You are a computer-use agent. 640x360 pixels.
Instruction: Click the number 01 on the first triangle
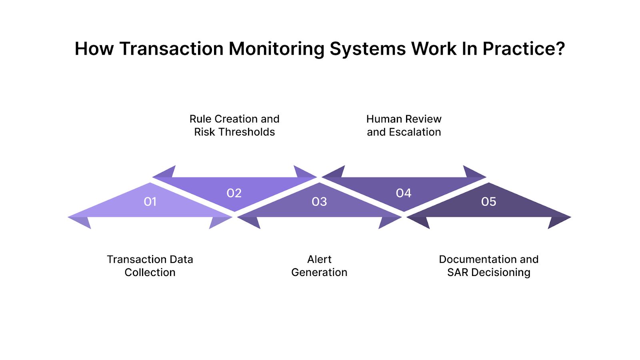pos(150,202)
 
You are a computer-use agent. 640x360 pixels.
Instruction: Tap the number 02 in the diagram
pos(234,193)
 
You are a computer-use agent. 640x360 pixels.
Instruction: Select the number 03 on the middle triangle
pos(319,202)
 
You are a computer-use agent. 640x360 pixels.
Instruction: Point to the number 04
pos(404,193)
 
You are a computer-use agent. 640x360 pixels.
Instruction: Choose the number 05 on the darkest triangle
pos(488,202)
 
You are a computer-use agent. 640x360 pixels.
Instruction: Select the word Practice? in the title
pos(524,49)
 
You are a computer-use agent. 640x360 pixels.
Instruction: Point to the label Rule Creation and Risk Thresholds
pos(234,125)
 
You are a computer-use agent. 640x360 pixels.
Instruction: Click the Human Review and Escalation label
pos(404,125)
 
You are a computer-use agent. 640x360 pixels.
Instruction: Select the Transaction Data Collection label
pos(150,266)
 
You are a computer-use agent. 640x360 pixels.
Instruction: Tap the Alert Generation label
pos(319,266)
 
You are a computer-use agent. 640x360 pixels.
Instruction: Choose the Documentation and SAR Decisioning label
pos(489,266)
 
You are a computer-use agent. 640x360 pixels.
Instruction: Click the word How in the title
pos(94,49)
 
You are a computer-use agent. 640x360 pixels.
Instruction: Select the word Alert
pos(319,259)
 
